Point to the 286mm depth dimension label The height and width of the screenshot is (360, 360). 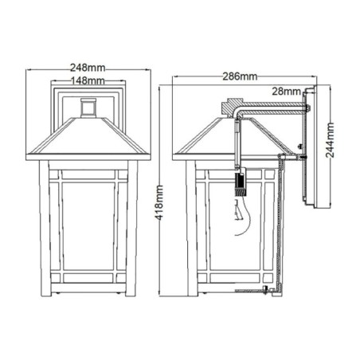(x=241, y=76)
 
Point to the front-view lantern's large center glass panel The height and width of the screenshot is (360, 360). (x=88, y=223)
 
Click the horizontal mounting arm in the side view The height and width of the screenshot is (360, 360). (x=271, y=107)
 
